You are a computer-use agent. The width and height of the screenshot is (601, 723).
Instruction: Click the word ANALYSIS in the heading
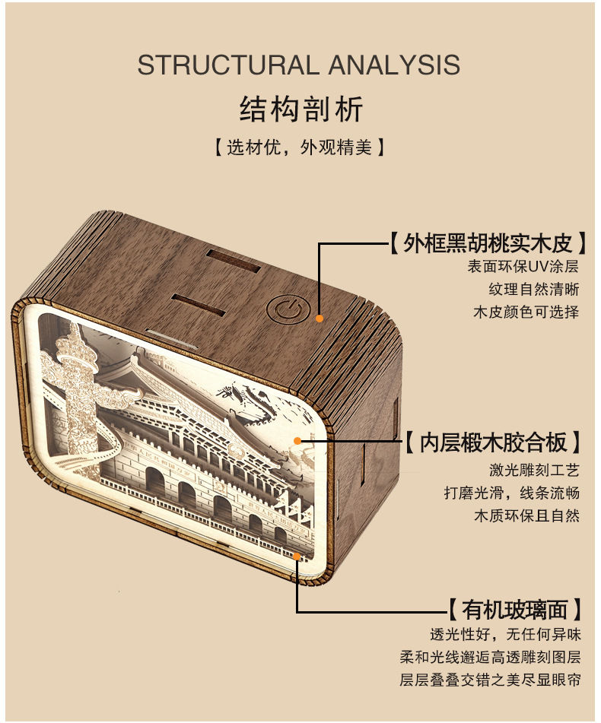point(394,65)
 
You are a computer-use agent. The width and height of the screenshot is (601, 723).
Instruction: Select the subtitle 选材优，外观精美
point(300,147)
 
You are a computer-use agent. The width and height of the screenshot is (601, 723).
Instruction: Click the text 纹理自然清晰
point(533,290)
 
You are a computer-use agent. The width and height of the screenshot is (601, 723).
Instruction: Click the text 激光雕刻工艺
point(533,470)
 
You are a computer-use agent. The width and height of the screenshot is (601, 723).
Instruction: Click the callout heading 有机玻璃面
point(515,609)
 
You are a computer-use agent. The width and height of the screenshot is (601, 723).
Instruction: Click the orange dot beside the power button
point(320,319)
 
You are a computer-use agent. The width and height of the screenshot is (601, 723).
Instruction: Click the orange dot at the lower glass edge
point(297,555)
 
